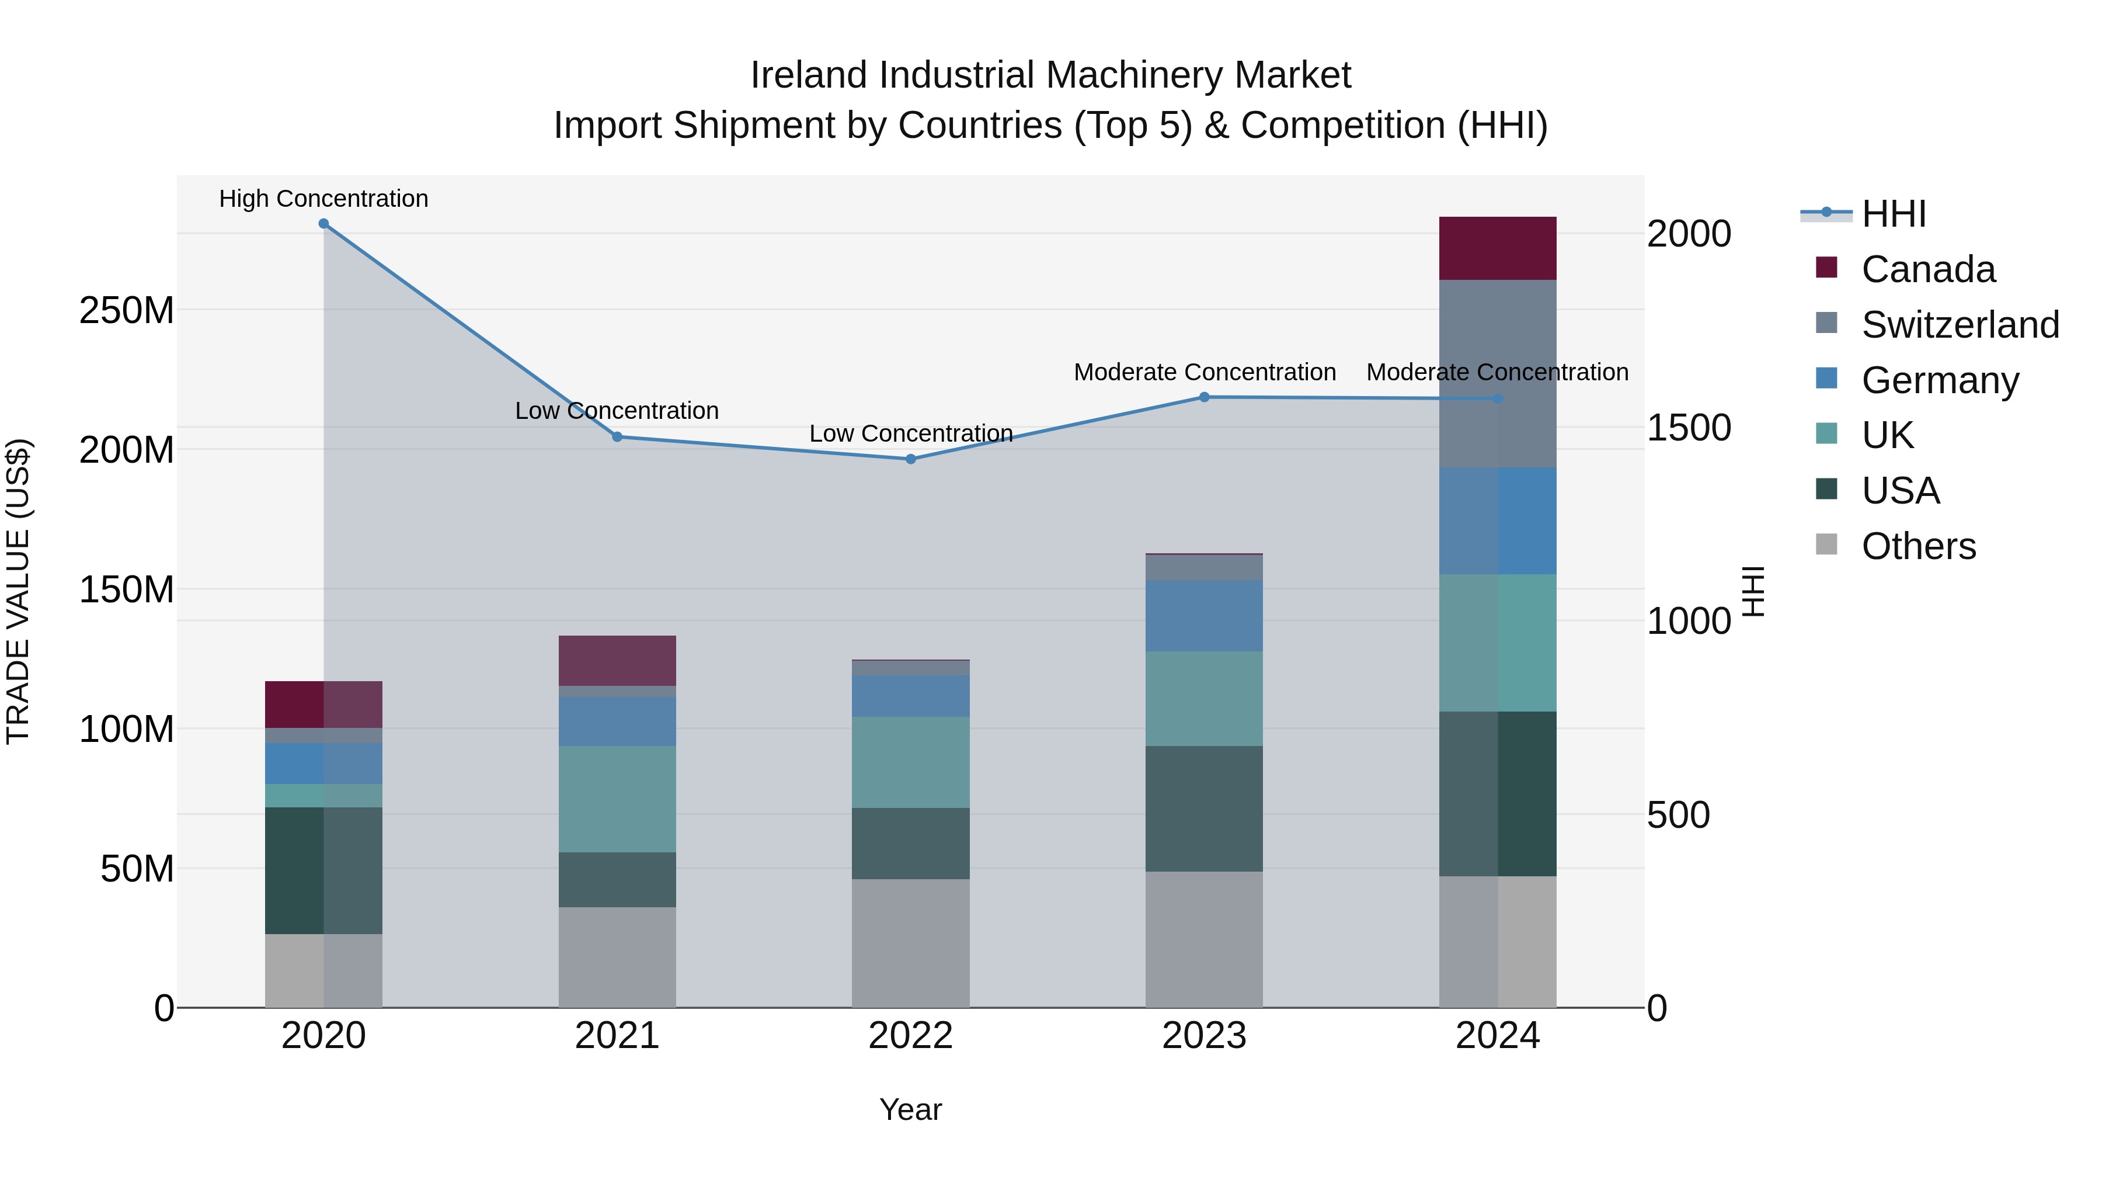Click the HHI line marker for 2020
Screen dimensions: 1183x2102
tap(324, 224)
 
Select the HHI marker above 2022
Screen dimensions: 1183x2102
tap(911, 459)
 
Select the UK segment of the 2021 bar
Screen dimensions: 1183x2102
tap(617, 799)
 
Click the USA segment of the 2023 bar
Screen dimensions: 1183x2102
tap(1205, 809)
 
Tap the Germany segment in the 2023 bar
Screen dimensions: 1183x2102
tap(1205, 616)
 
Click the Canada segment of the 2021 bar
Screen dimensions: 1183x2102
tap(617, 661)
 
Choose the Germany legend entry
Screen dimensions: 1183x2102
tap(1940, 380)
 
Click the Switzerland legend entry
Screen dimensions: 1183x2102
tap(1960, 325)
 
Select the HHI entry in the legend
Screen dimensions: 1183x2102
tap(1893, 214)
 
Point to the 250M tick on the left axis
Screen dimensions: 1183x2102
tap(127, 311)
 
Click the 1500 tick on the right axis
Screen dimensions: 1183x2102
tap(1688, 428)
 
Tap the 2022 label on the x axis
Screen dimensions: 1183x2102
tap(911, 1036)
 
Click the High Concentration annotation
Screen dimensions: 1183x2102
tap(324, 199)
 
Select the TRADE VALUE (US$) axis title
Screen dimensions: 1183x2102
tap(19, 591)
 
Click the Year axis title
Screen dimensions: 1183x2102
tap(911, 1109)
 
